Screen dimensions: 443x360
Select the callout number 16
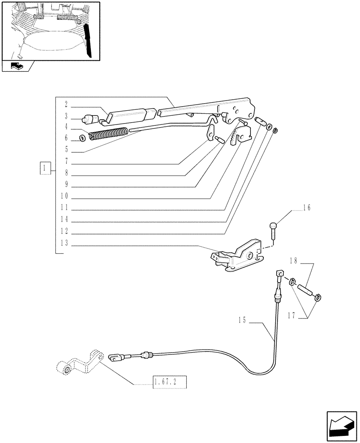[307, 207]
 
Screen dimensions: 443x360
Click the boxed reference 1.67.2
[169, 382]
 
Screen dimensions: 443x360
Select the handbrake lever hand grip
[132, 115]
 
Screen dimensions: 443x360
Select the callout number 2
[65, 105]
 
